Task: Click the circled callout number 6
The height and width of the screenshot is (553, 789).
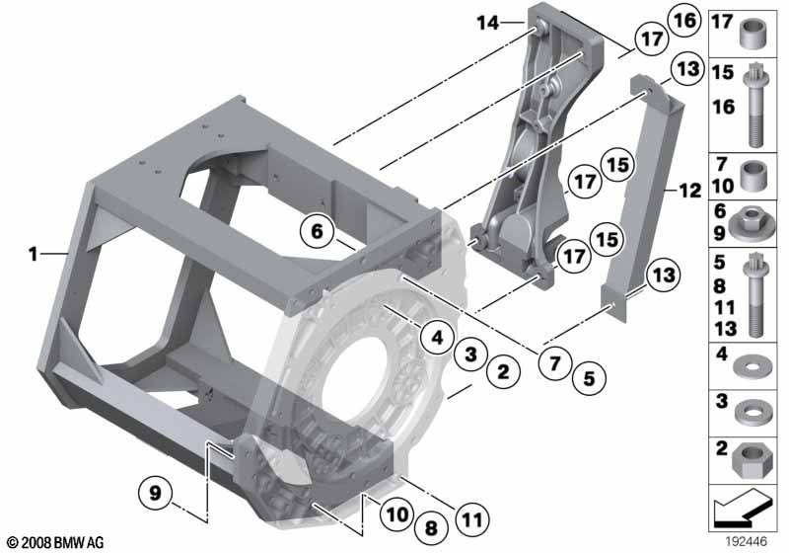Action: point(317,232)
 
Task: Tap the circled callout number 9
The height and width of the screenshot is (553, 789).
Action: point(155,492)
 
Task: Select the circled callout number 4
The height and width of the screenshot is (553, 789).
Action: point(437,337)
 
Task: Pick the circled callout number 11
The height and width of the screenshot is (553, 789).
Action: point(472,519)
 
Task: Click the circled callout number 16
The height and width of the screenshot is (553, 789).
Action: point(684,21)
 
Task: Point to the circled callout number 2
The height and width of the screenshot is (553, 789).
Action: point(503,371)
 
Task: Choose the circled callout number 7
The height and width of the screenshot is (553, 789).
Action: point(554,362)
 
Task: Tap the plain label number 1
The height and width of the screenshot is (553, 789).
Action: point(34,254)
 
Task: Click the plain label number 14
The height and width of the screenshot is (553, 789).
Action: point(488,23)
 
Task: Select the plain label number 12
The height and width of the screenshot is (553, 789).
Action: point(689,191)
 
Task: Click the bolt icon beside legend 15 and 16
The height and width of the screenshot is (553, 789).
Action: point(753,105)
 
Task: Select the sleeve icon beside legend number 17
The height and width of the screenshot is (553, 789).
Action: point(753,33)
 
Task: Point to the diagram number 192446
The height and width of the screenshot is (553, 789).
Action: point(746,541)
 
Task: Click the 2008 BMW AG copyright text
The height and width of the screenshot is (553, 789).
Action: point(56,542)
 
